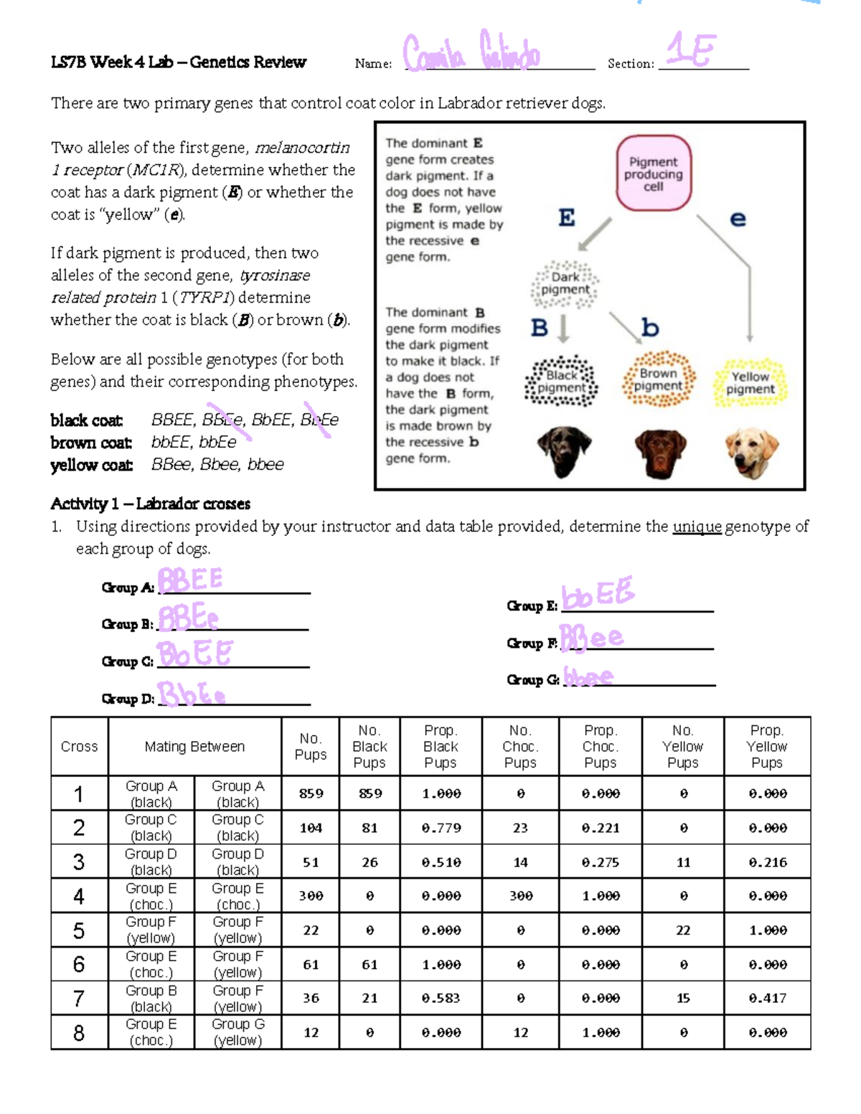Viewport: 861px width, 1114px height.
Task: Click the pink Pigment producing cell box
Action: [654, 173]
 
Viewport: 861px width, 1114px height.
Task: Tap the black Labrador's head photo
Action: [565, 450]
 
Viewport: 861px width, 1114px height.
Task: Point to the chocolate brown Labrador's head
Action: [659, 453]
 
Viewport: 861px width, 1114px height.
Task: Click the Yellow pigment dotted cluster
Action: [750, 382]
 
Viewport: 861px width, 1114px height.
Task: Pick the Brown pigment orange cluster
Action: [658, 379]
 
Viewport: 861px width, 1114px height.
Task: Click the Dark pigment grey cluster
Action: [565, 284]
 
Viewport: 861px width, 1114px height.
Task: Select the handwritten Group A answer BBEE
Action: [191, 580]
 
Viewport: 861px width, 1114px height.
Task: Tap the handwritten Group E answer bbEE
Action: [598, 594]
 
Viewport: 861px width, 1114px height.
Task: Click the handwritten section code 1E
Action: [690, 50]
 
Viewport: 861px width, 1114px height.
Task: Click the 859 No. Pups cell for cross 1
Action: [311, 793]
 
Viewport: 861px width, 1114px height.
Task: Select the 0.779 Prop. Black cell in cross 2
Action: [441, 828]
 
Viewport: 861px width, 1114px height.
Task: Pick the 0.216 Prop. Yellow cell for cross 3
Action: [767, 862]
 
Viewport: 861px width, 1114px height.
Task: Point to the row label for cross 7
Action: [79, 999]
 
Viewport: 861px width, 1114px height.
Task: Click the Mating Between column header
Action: [194, 747]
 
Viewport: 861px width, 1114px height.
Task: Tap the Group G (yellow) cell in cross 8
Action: [237, 1032]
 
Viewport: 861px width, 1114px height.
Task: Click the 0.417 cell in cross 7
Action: [767, 999]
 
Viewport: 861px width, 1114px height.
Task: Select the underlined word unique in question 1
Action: [696, 527]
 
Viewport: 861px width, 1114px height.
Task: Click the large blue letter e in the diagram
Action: [738, 219]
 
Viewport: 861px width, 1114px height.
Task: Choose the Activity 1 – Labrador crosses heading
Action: [150, 504]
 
